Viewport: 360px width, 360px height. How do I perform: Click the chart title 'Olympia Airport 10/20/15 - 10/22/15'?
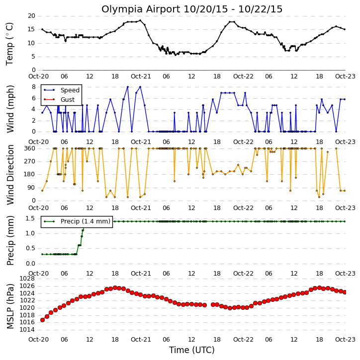coord(192,9)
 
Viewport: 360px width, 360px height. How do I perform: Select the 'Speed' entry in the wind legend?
coord(70,90)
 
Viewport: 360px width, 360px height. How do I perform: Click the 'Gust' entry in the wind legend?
coord(67,100)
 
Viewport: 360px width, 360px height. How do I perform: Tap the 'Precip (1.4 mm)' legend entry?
coord(86,221)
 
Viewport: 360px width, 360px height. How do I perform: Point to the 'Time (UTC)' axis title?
coord(192,350)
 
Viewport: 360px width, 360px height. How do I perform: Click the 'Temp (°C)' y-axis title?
coord(9,44)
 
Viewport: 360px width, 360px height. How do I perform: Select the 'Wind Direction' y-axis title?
coord(10,175)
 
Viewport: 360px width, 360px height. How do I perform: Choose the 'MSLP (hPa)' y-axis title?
coord(10,306)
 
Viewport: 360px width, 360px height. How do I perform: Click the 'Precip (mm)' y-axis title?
coord(10,241)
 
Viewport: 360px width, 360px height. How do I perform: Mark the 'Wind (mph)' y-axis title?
coord(10,109)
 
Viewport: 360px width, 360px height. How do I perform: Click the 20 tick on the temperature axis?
coord(31,16)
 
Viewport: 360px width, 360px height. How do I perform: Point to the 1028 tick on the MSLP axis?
coord(27,279)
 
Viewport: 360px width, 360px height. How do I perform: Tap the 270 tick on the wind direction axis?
coord(30,161)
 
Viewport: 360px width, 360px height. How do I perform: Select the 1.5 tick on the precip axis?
coord(30,218)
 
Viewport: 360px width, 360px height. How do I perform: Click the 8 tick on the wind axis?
coord(34,87)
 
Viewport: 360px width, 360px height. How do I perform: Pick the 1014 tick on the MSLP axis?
coord(27,330)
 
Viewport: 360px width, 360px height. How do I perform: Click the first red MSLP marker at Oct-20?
coord(43,320)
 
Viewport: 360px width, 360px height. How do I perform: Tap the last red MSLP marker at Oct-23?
coord(345,292)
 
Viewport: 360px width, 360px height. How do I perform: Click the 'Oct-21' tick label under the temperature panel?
coord(141,76)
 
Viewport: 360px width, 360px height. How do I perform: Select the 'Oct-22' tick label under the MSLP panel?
coord(243,339)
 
